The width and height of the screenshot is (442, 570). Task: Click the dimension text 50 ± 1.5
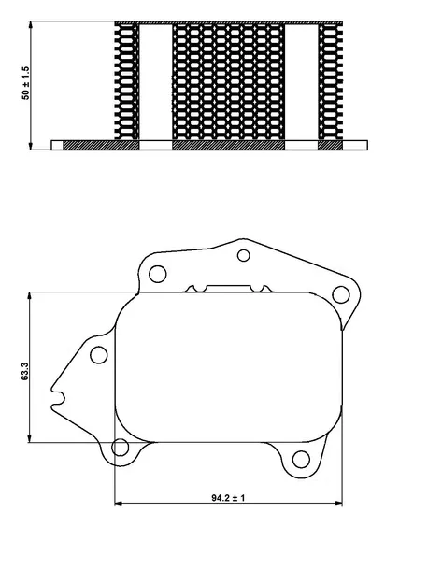pos(26,83)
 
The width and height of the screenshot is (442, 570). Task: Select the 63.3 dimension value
pos(24,371)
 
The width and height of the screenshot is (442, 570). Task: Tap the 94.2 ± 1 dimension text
pos(228,498)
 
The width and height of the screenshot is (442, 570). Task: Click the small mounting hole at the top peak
pos(243,255)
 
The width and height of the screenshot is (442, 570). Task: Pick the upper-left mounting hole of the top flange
pos(158,274)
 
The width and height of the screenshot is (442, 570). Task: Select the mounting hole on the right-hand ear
pos(341,294)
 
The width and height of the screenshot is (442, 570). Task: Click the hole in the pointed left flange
pos(98,355)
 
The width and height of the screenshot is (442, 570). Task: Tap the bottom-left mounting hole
pos(120,448)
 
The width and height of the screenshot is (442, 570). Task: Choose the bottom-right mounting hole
pos(301,459)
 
